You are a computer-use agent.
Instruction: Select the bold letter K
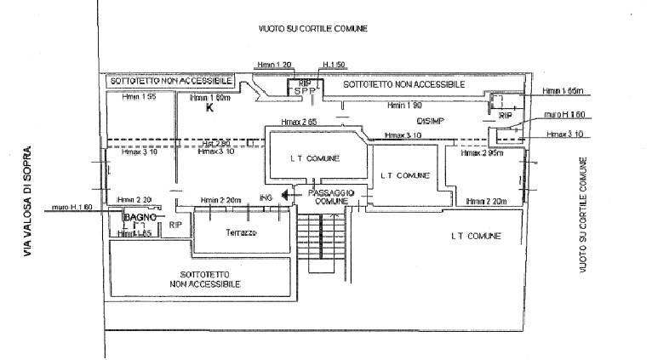[x=207, y=109]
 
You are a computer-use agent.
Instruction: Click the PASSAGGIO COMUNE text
[x=328, y=197]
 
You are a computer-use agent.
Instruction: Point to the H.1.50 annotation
[x=331, y=65]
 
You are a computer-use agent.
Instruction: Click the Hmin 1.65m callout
[x=562, y=89]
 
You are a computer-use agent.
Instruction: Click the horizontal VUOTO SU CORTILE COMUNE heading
[x=312, y=28]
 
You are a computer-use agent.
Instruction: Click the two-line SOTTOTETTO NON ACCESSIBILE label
[x=203, y=278]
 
